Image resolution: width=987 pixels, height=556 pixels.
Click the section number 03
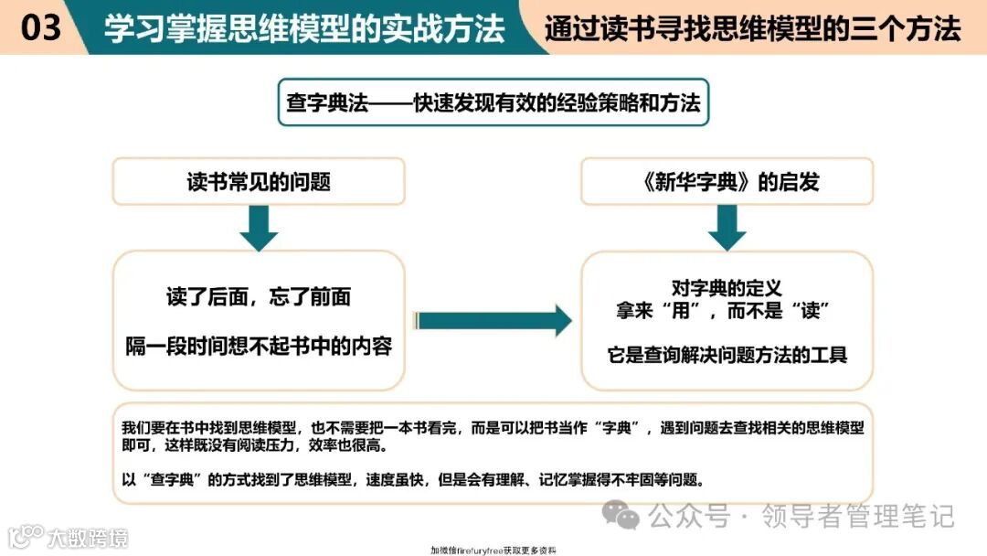coord(40,27)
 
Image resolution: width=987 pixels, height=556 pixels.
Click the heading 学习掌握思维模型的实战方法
coord(304,28)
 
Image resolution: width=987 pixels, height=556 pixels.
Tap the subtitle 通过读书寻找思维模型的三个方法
coord(752,28)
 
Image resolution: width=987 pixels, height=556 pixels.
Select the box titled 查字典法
coord(493,102)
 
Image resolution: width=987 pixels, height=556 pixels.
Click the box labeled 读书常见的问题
coord(259,181)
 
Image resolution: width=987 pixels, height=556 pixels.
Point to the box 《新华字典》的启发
coord(727,181)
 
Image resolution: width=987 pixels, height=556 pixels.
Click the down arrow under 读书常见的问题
coord(259,228)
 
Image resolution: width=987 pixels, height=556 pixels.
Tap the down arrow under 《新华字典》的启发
coord(727,228)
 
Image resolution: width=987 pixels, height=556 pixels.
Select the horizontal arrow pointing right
coord(493,321)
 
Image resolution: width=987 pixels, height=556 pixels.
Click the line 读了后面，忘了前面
coord(259,297)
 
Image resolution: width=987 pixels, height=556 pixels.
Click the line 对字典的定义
coord(727,289)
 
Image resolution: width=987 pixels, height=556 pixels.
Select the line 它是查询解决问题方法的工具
coord(727,355)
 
